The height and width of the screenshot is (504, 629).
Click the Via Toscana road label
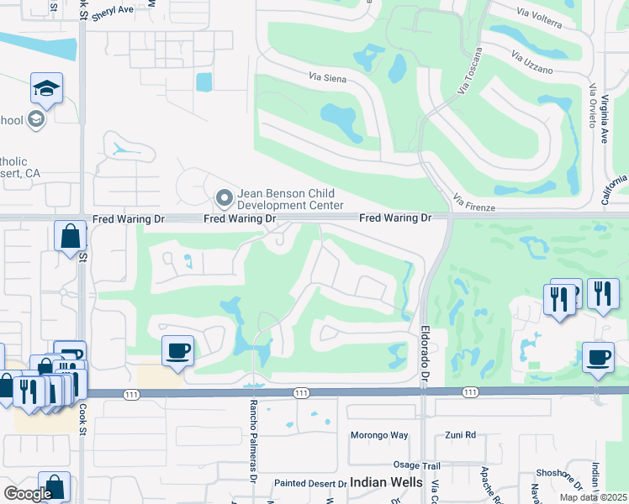(x=470, y=71)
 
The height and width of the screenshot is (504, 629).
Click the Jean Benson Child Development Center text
(x=291, y=199)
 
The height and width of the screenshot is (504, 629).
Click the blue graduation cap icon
(x=46, y=87)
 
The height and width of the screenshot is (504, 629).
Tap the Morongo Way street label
(x=378, y=435)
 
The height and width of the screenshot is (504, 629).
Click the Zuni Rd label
(x=460, y=435)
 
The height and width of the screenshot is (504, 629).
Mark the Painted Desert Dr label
(x=310, y=484)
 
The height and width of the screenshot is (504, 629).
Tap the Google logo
(x=28, y=494)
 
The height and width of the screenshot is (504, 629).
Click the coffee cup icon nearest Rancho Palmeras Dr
(x=177, y=350)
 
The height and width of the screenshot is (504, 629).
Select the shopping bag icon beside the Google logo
(x=54, y=486)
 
